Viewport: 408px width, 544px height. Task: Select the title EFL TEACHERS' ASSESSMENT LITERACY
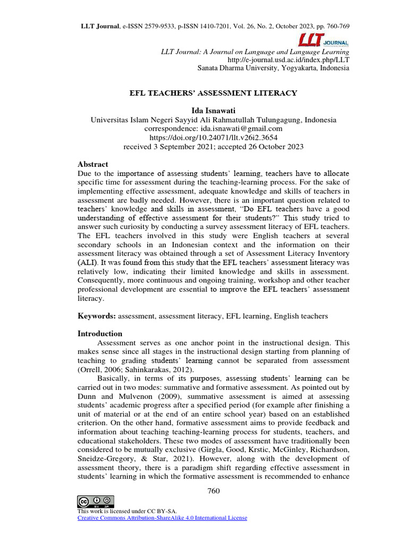(x=214, y=93)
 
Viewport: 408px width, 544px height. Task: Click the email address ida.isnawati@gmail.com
(x=244, y=129)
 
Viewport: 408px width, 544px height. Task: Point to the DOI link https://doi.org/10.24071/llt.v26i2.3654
(x=214, y=138)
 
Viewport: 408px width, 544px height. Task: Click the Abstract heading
(x=93, y=164)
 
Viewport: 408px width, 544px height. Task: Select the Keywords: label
(x=97, y=316)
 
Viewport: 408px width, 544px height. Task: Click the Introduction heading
(x=100, y=334)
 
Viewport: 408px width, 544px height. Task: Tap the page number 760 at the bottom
(x=213, y=490)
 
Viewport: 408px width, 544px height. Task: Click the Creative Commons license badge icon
(x=96, y=501)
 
